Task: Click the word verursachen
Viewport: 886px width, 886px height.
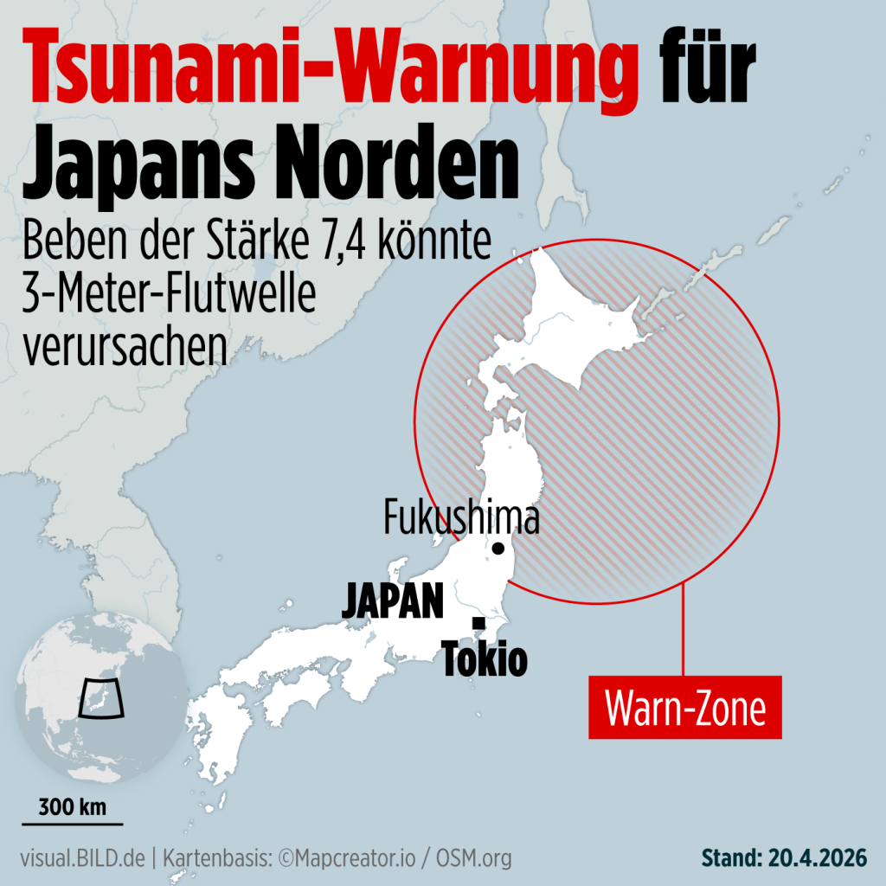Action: (x=125, y=345)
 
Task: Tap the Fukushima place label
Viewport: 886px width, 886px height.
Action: (x=461, y=518)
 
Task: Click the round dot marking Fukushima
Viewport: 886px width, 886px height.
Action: (x=498, y=548)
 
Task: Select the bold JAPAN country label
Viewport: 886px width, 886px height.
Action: (x=393, y=600)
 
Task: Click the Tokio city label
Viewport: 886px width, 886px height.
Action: (x=485, y=660)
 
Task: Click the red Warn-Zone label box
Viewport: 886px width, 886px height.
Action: (x=684, y=708)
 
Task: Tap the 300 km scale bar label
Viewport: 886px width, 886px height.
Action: (x=73, y=809)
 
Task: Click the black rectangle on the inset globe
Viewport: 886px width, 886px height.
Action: (x=101, y=698)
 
